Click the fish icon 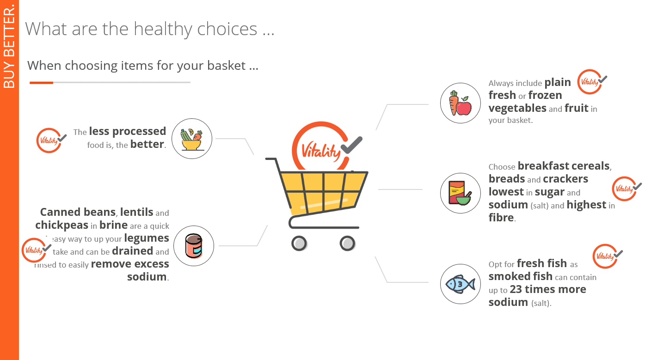coord(460,284)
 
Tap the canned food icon coord(194,246)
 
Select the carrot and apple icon coord(460,103)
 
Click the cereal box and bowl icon coord(460,193)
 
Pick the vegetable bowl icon coord(191,139)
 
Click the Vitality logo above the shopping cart coord(324,148)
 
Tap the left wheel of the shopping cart coord(299,243)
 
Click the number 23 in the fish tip coord(517,290)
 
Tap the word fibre coord(501,218)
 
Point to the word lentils coord(136,212)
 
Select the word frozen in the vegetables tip coord(545,96)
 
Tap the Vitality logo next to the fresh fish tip coord(606,256)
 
